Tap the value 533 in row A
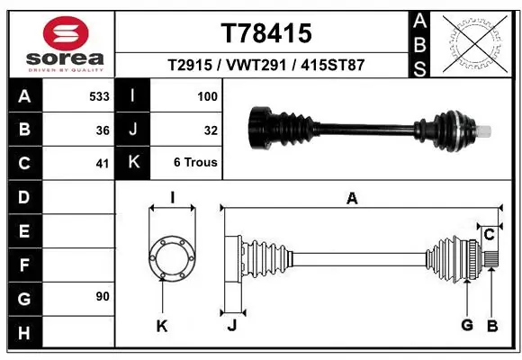[x=99, y=95]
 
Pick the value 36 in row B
[x=103, y=130]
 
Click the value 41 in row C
[x=103, y=164]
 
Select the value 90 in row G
[x=103, y=296]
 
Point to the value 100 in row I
[x=208, y=95]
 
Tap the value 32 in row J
[x=211, y=130]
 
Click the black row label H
[x=23, y=333]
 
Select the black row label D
[x=23, y=197]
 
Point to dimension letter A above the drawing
[x=352, y=199]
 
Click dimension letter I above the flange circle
[x=172, y=198]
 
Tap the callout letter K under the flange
[x=162, y=326]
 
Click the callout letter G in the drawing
[x=466, y=325]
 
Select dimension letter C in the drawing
[x=489, y=235]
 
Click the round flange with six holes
[x=171, y=258]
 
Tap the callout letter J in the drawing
[x=231, y=326]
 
